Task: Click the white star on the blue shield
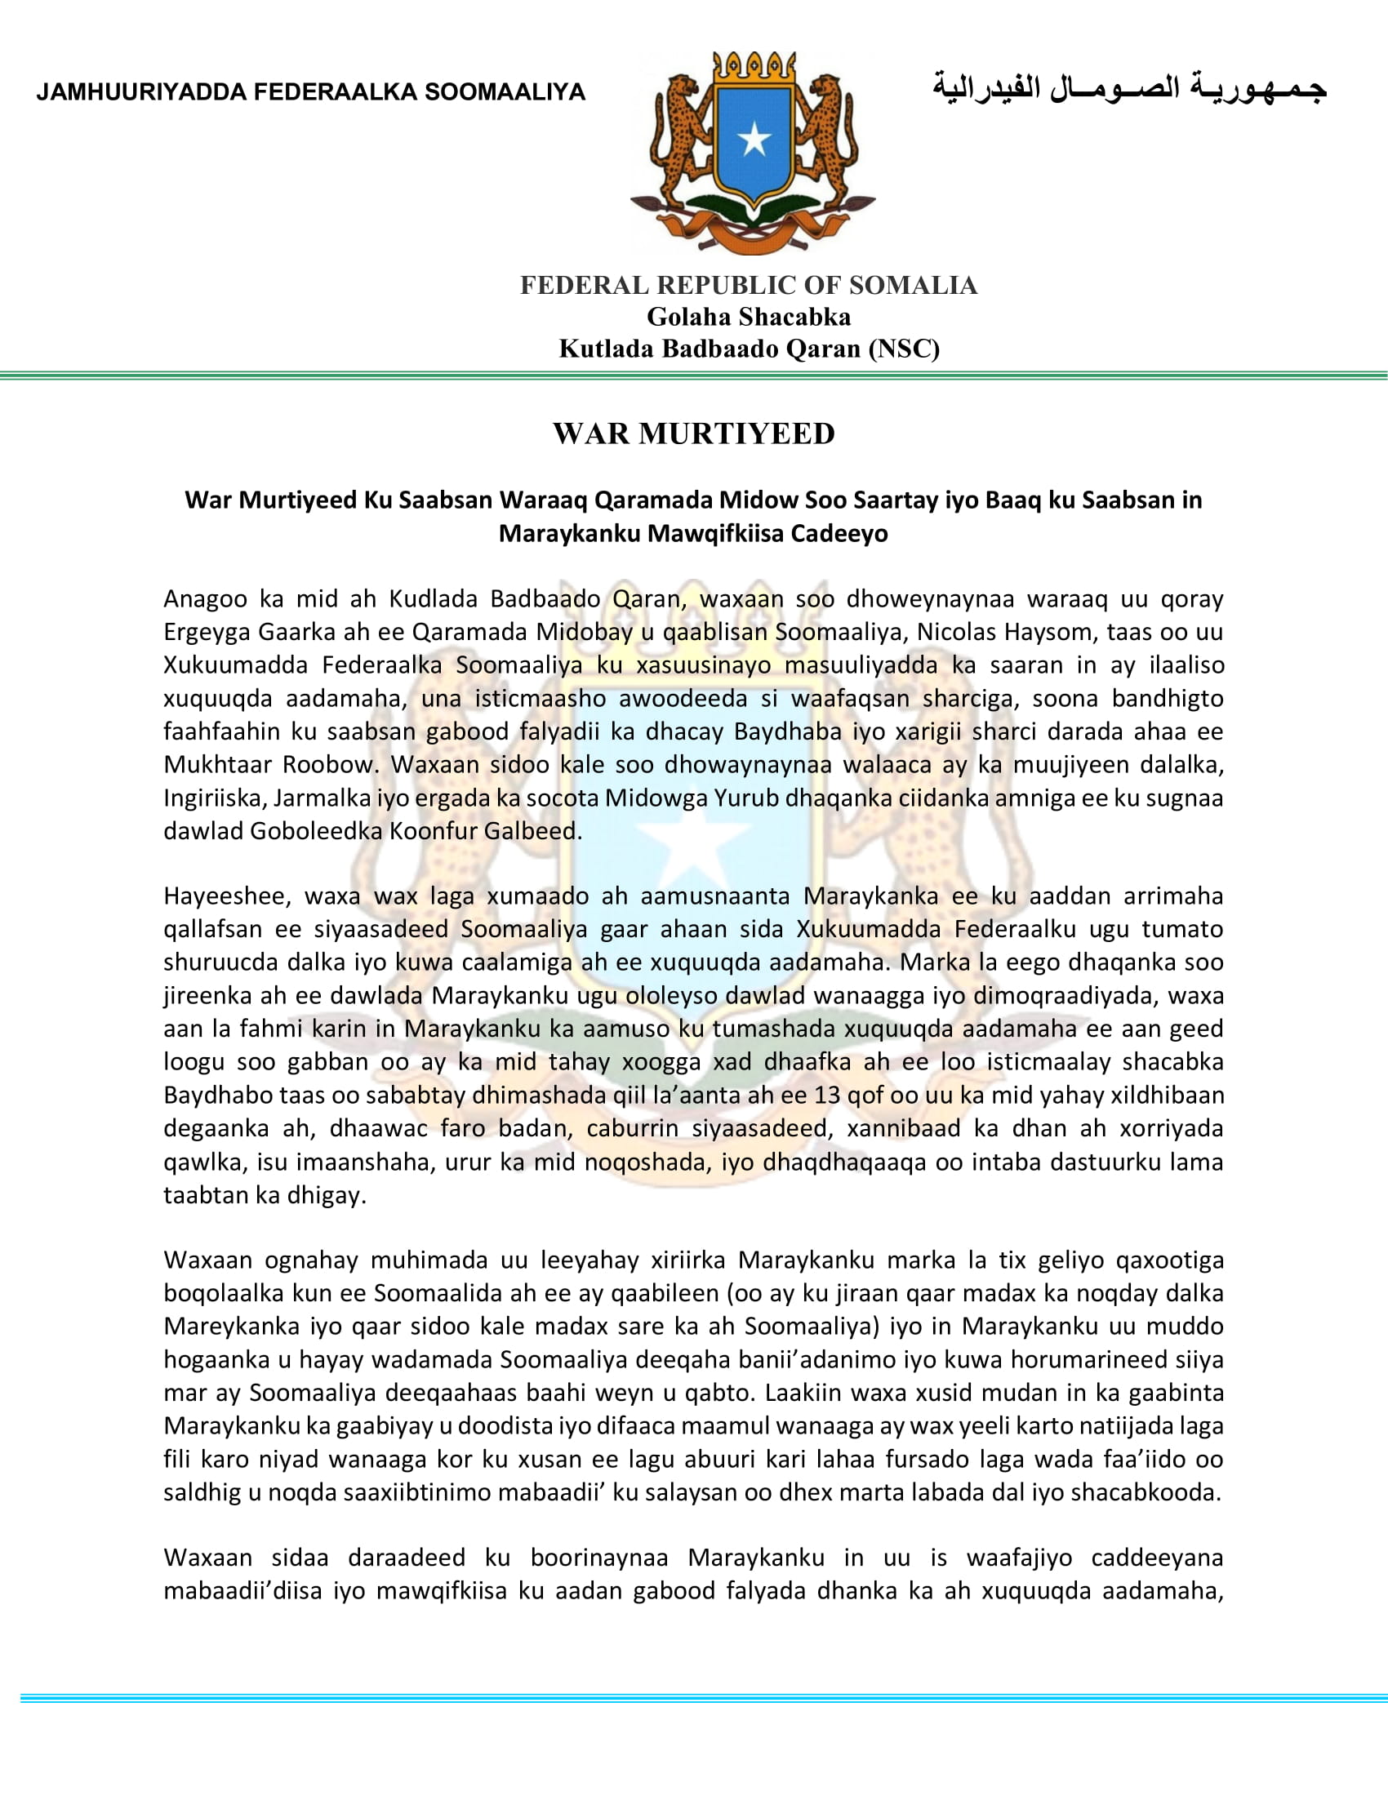pos(754,140)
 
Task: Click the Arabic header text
pos(1128,89)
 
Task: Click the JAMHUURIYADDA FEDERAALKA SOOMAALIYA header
pos(310,92)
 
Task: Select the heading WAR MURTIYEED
pos(694,433)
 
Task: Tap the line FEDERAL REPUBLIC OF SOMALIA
pos(748,286)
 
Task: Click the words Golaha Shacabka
pos(748,317)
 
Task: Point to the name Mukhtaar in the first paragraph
pos(218,764)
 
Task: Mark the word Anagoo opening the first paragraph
pos(205,598)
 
